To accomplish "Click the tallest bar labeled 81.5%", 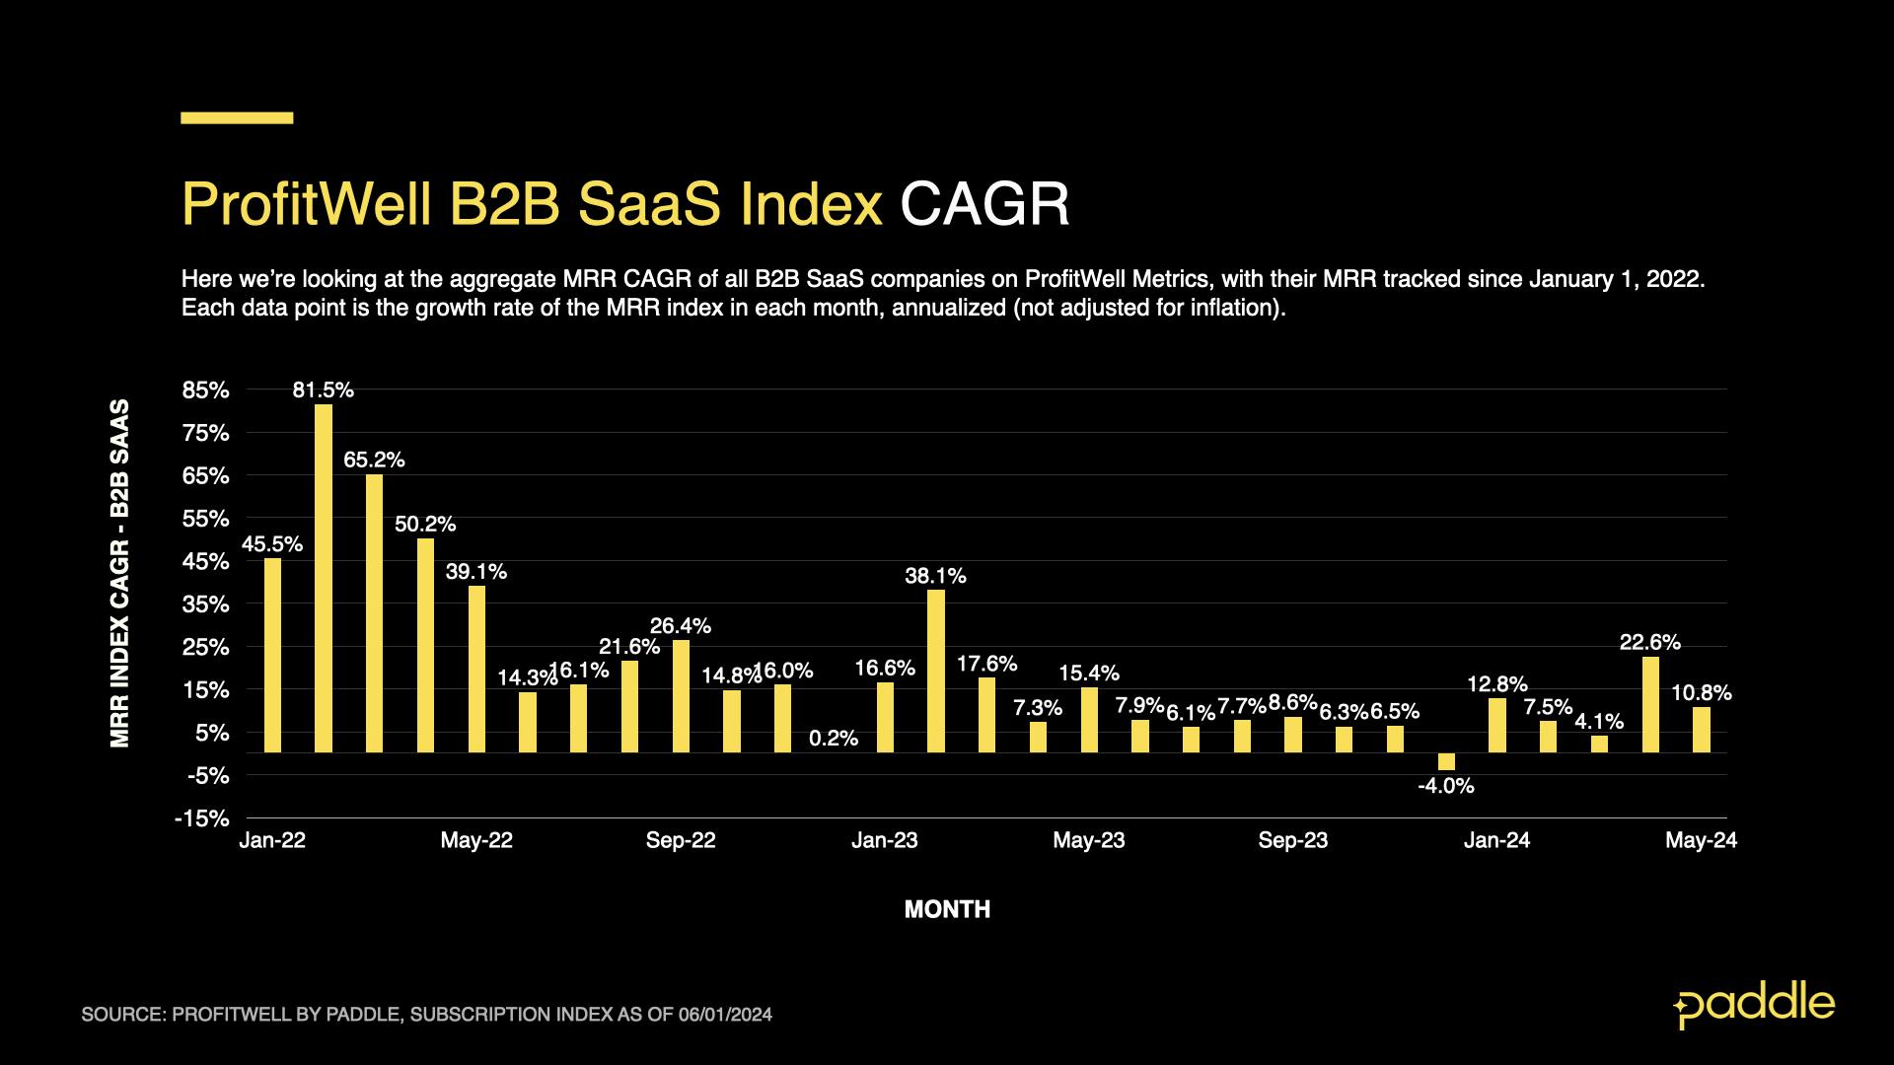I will click(x=324, y=578).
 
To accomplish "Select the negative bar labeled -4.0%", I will click(x=1446, y=761).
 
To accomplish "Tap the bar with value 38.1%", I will click(x=936, y=671).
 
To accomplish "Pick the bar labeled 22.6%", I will click(x=1650, y=704).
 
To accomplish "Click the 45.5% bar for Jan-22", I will click(x=272, y=655).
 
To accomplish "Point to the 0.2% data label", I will click(x=834, y=738).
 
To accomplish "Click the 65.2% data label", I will click(x=374, y=460).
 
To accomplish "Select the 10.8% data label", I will click(x=1702, y=693).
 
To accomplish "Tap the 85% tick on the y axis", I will click(x=205, y=390).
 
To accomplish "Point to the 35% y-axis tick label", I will click(x=205, y=604).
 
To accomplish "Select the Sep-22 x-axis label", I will click(x=681, y=840).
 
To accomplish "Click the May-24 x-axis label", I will click(x=1702, y=840).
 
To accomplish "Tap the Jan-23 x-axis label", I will click(x=885, y=840).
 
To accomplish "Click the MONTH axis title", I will click(x=947, y=909).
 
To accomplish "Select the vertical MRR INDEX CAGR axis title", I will click(x=119, y=572).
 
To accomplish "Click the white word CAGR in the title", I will click(x=984, y=205).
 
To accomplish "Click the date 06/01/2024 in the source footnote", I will click(x=725, y=1015).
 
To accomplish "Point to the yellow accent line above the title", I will click(x=237, y=118).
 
